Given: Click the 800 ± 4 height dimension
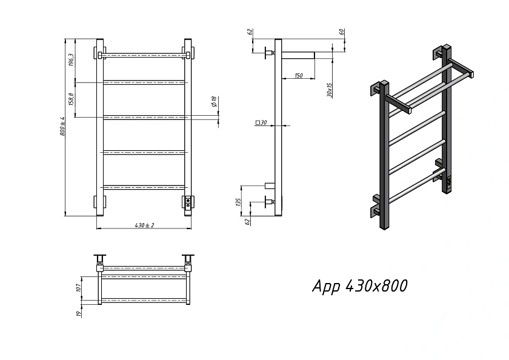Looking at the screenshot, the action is click(62, 126).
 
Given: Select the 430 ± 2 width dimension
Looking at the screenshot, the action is click(145, 225).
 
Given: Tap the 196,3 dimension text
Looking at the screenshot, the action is click(72, 60).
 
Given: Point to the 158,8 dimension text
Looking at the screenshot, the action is click(72, 99).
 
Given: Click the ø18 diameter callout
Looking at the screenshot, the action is click(213, 102).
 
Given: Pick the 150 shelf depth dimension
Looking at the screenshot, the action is click(298, 76).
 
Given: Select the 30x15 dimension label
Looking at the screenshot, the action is click(330, 90).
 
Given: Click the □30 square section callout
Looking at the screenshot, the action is click(261, 122).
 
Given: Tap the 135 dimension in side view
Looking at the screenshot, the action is click(239, 202).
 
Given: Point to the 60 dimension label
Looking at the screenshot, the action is click(342, 32).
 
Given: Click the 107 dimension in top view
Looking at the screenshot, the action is click(78, 288).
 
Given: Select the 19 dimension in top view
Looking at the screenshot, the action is click(78, 314).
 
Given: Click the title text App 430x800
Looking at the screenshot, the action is click(360, 286).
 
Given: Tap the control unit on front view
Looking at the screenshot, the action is click(188, 204).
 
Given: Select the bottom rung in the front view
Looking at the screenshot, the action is click(144, 187).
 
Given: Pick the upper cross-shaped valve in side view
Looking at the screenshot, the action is click(270, 53).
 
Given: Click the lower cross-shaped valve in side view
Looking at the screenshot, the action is click(270, 202).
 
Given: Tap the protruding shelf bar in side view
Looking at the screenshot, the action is click(298, 55).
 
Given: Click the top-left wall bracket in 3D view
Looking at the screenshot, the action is click(376, 88).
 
